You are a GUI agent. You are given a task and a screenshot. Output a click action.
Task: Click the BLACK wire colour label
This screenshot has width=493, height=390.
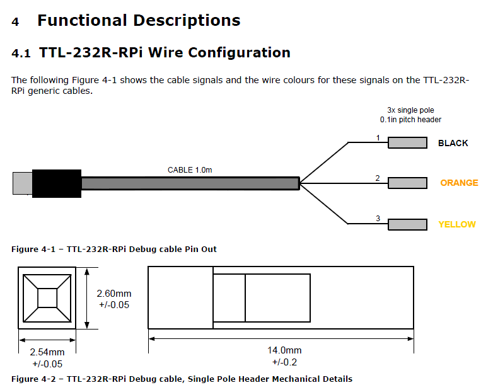coord(453,143)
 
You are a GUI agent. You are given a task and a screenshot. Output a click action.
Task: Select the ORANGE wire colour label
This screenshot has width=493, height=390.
coord(459,183)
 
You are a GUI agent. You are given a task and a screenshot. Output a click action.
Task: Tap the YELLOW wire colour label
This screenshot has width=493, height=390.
coord(457,224)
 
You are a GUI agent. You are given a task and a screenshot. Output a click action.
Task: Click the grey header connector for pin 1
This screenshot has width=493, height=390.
coord(407,142)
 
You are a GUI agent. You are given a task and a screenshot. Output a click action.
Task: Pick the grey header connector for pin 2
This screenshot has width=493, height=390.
coord(407,183)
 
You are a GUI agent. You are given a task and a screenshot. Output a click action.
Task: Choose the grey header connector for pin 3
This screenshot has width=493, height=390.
coord(407,224)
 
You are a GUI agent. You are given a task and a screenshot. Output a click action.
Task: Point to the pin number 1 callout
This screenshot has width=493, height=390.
coord(378,137)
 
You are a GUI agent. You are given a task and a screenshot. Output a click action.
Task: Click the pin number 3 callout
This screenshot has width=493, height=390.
coord(378,219)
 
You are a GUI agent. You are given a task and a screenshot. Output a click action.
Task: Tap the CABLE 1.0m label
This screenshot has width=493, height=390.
coord(190,170)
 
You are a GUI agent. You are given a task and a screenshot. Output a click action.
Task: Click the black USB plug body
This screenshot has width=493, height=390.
coord(56,183)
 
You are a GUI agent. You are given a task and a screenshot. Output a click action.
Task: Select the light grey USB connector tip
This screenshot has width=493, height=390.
coord(22,183)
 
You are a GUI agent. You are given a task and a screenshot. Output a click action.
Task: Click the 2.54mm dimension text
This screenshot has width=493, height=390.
coord(47,352)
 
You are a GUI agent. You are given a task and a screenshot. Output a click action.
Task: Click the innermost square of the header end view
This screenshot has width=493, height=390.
coord(47,297)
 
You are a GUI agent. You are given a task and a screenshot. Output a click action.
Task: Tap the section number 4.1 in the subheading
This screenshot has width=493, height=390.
coord(21,54)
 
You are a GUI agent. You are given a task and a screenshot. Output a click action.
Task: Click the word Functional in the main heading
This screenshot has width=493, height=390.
coord(82,20)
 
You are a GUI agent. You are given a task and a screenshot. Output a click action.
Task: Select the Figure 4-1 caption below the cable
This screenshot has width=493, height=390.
coord(113,249)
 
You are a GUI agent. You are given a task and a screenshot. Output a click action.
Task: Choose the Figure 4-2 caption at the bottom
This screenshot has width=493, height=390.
coord(182,379)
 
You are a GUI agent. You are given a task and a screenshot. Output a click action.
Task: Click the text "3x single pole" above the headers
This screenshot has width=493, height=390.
coord(410,110)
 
